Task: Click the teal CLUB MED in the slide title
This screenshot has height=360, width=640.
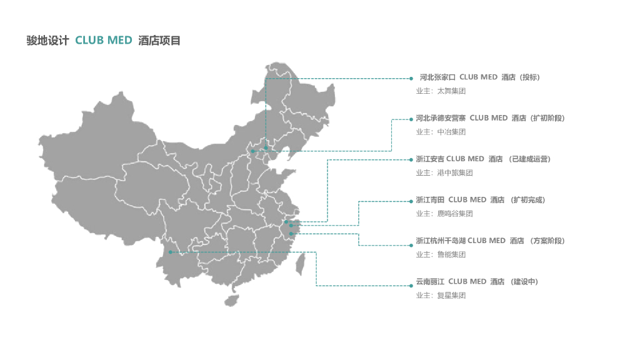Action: [104, 41]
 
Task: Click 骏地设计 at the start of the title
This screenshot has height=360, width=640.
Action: [47, 41]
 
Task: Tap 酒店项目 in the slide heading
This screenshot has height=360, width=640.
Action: [159, 41]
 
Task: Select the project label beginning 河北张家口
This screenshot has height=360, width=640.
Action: [437, 77]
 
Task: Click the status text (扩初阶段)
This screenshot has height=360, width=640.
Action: [547, 118]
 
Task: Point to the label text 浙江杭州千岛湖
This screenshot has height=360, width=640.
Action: [441, 241]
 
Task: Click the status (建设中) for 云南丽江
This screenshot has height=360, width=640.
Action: [524, 282]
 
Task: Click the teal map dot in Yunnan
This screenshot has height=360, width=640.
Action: [170, 252]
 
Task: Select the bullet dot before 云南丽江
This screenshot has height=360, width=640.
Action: [411, 282]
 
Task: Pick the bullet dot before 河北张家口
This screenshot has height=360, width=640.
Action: [411, 79]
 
